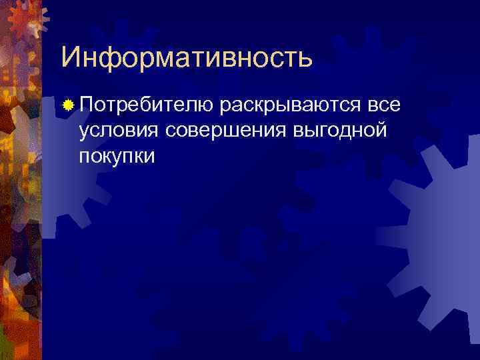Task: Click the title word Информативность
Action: (x=186, y=58)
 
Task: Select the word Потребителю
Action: (x=146, y=105)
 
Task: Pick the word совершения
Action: (x=227, y=130)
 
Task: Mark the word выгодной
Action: (x=340, y=130)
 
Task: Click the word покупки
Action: (x=116, y=155)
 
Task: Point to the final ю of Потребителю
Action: (x=206, y=105)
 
